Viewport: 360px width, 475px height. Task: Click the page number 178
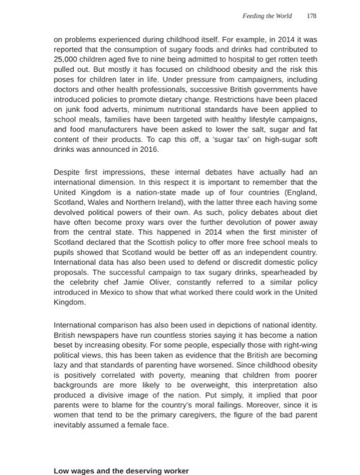coord(311,15)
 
